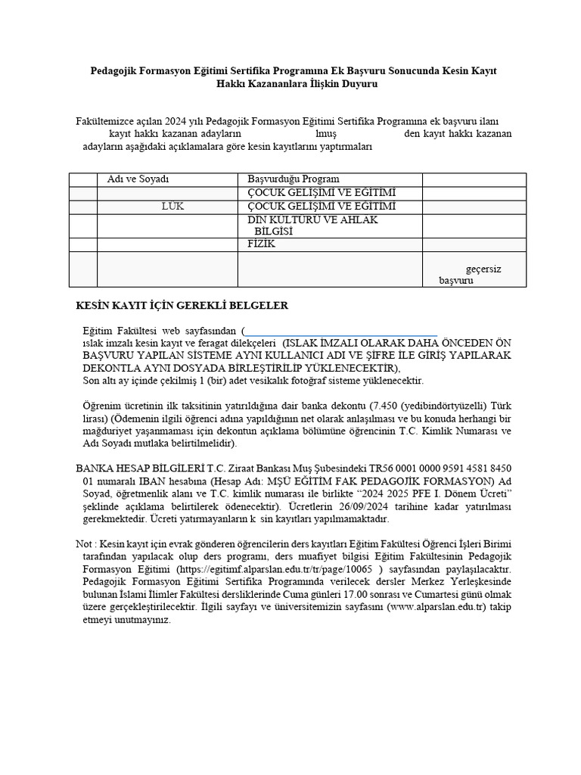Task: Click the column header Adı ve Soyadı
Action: pyautogui.click(x=138, y=179)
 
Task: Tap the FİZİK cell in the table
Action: pyautogui.click(x=262, y=244)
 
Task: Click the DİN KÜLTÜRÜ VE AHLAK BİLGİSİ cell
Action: pyautogui.click(x=312, y=226)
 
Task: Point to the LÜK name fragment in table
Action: pyautogui.click(x=172, y=207)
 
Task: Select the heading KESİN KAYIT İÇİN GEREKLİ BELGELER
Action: pyautogui.click(x=182, y=306)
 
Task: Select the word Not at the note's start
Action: pyautogui.click(x=83, y=543)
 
